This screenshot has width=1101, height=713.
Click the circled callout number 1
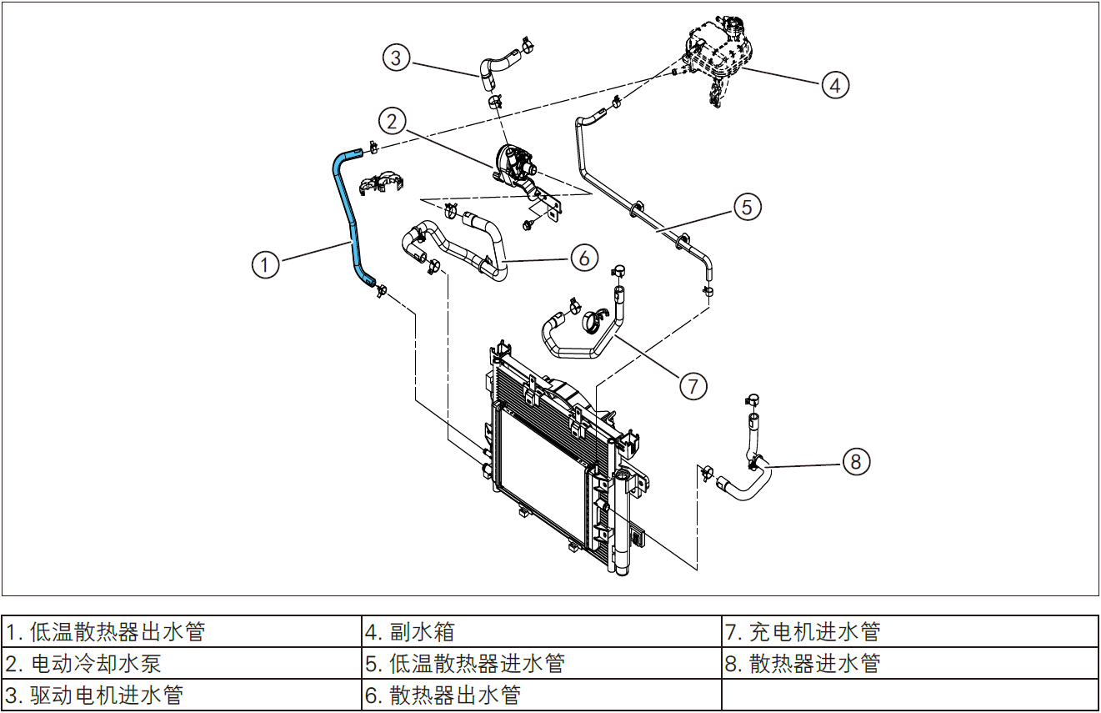tap(265, 265)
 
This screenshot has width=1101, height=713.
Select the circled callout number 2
tap(392, 121)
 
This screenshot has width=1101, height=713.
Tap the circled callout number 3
tap(397, 58)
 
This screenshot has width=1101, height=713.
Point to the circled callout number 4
tap(835, 84)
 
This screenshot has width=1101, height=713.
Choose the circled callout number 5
tap(748, 206)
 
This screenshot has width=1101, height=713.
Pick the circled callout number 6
tap(584, 258)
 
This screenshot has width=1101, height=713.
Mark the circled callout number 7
tap(693, 385)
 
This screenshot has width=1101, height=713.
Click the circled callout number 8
tap(856, 460)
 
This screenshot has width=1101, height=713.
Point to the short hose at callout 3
tap(498, 66)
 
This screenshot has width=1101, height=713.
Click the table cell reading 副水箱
tap(541, 632)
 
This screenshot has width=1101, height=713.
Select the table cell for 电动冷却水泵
tap(182, 664)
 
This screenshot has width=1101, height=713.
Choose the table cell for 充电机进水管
tap(909, 632)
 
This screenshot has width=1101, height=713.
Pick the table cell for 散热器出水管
tap(541, 695)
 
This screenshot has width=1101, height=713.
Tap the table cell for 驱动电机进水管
tap(182, 695)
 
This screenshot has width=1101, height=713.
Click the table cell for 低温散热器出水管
tap(182, 632)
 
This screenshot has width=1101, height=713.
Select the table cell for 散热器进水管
tap(909, 664)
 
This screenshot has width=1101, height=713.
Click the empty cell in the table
tap(909, 695)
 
